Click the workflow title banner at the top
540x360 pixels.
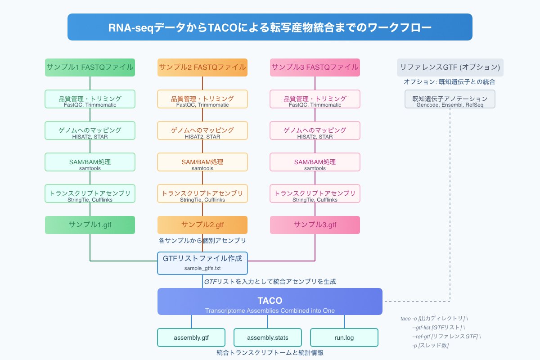(x=270, y=27)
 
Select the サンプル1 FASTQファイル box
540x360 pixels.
(x=90, y=67)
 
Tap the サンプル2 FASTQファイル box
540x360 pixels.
(x=202, y=67)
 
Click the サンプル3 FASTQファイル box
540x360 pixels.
(x=315, y=67)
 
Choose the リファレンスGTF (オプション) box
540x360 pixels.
(x=450, y=67)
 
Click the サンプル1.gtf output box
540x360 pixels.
(x=90, y=225)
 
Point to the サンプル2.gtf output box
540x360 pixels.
(x=202, y=225)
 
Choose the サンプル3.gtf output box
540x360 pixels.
(x=315, y=225)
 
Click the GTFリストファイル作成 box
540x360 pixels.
(x=202, y=263)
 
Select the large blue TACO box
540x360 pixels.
(x=270, y=301)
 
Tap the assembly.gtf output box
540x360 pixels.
(x=191, y=337)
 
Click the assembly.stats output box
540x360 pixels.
(x=268, y=337)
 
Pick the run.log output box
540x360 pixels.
(x=344, y=337)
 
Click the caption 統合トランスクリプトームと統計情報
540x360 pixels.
(x=270, y=353)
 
